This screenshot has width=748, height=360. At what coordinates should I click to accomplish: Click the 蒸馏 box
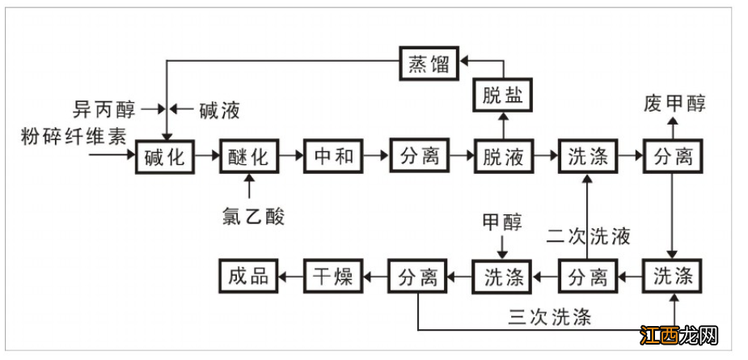pos(429,64)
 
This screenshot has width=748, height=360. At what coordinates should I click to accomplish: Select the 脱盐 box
pos(503,96)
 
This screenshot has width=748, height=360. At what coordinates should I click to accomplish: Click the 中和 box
pos(333,155)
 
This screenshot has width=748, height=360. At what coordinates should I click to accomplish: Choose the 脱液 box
pos(503,156)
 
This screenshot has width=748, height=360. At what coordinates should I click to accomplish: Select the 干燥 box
pos(332,277)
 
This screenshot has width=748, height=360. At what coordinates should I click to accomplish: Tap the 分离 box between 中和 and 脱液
pos(419,155)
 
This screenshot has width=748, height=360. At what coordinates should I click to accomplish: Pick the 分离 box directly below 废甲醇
pos(673,156)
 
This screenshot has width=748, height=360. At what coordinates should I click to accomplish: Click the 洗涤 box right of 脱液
pos(587,156)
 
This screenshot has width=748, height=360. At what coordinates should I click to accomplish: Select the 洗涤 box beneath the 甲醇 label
pos(502,277)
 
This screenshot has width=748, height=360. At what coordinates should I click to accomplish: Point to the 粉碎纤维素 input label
pos(74,136)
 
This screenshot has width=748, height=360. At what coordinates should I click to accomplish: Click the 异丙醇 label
pos(104,108)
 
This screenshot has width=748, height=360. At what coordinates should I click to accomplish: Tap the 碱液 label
pos(219,109)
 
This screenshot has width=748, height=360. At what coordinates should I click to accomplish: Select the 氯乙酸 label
pos(254,216)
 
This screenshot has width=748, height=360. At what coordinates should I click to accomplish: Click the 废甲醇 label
pos(674,104)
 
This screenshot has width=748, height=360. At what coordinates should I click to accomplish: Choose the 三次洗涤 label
pos(549,316)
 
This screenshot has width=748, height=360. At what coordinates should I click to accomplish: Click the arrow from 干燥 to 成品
pos(290,277)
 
